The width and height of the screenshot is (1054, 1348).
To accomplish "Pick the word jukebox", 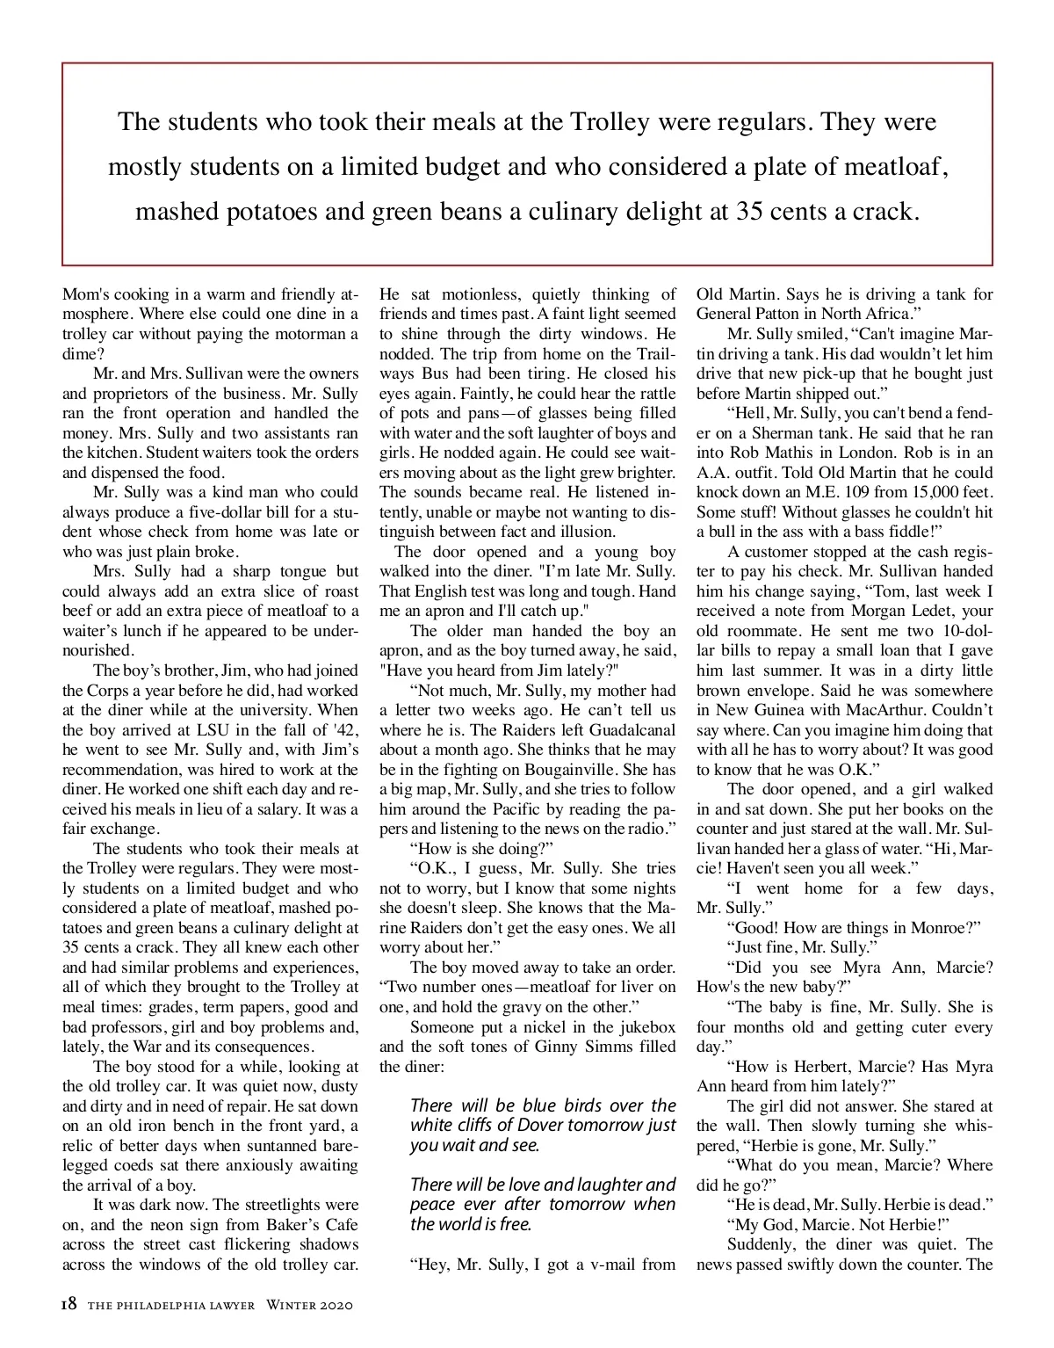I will (x=644, y=1026).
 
